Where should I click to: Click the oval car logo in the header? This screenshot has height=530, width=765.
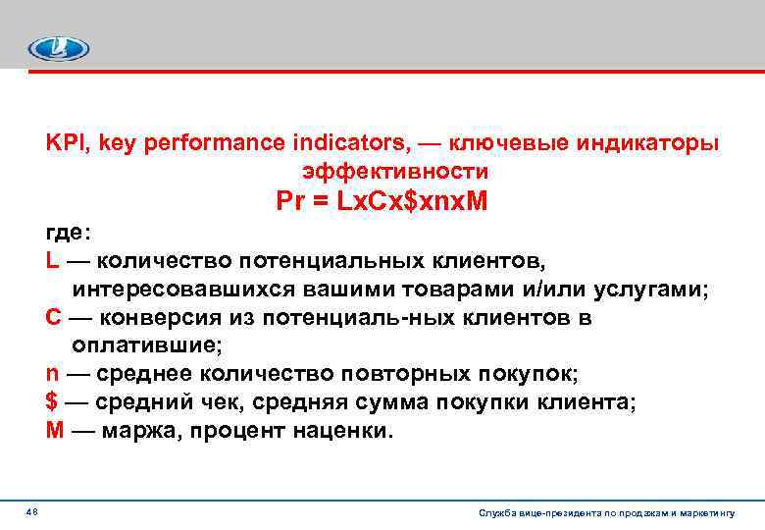point(59,48)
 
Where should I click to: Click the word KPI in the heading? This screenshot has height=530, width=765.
point(66,143)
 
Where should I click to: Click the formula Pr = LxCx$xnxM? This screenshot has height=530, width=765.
point(382,203)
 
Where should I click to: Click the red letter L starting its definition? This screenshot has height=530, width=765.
point(52,262)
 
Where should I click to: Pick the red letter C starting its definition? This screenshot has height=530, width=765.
point(53,318)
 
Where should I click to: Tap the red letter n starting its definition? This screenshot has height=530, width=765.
point(52,374)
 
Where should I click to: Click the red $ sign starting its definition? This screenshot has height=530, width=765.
point(52,402)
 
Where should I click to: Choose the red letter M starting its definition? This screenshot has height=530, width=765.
point(54,431)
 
